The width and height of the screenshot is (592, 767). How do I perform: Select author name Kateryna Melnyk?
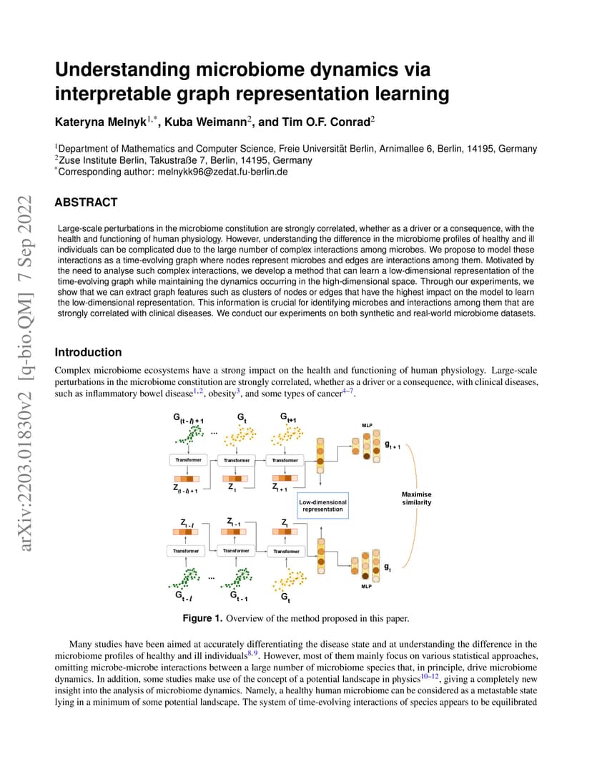click(x=100, y=122)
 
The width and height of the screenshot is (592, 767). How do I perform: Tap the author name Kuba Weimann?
click(x=205, y=122)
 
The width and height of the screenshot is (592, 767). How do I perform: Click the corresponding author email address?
click(x=222, y=172)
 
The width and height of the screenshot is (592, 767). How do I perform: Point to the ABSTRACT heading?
click(x=86, y=202)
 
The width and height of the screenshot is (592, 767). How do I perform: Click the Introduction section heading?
click(x=88, y=352)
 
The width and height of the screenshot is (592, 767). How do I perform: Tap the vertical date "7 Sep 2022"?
click(x=26, y=238)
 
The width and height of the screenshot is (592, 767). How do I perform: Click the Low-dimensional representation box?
click(x=322, y=506)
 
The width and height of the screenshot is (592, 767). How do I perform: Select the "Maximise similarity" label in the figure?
click(x=417, y=499)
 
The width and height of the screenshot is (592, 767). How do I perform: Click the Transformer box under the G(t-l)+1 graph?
click(x=188, y=460)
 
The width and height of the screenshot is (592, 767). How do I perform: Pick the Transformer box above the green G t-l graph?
click(x=186, y=551)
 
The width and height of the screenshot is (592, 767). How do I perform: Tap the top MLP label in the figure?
click(x=367, y=426)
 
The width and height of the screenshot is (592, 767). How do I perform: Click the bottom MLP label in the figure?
click(x=366, y=586)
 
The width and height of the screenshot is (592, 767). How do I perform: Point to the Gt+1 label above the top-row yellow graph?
click(x=288, y=417)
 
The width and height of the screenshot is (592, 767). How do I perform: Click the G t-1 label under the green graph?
click(x=239, y=596)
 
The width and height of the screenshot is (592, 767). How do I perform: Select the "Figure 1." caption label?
click(x=202, y=618)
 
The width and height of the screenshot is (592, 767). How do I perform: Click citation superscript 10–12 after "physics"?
click(x=429, y=677)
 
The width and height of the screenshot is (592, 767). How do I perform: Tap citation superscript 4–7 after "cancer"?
click(x=347, y=391)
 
